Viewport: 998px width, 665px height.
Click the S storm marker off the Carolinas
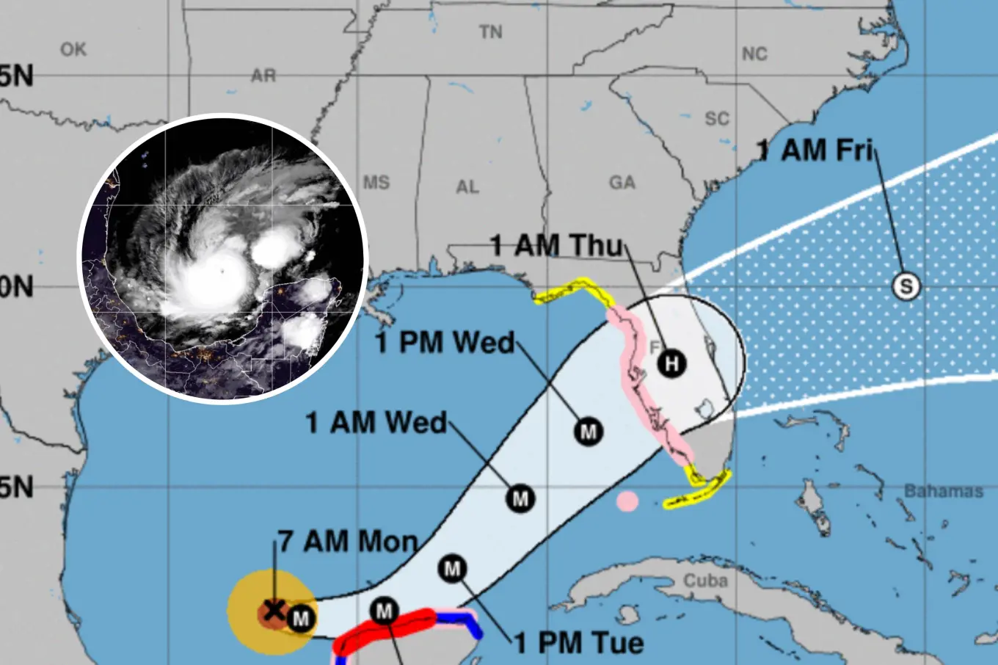906,286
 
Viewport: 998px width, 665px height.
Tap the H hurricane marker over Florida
671,363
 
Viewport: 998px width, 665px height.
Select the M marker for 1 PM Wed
589,432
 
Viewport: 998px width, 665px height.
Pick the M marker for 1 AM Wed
520,499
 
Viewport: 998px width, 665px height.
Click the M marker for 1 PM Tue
453,568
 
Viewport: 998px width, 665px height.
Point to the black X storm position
274,609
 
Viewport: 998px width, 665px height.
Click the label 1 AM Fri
815,150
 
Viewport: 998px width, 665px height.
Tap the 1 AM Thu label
556,245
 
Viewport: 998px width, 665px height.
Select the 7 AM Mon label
348,542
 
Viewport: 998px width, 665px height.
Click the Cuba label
705,581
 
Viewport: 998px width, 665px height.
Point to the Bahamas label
943,491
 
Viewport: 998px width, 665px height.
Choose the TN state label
491,32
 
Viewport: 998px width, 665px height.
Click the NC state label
754,54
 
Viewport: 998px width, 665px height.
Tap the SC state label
717,118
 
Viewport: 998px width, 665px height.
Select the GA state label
622,182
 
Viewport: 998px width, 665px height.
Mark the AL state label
467,186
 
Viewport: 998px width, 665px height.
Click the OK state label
73,49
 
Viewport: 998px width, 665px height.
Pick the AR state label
263,76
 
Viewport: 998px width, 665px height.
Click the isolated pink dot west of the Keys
627,501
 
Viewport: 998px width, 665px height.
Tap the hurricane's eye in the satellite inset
222,271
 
